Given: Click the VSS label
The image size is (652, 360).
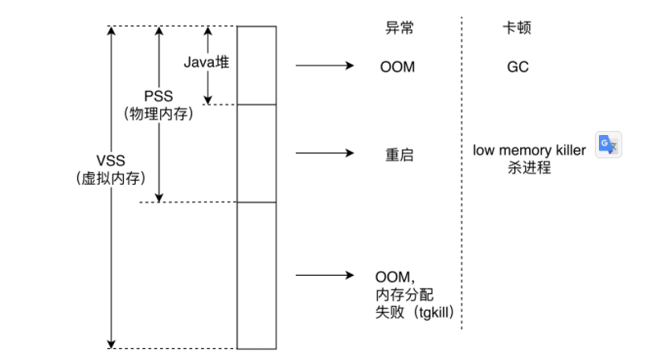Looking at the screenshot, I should coord(111,160).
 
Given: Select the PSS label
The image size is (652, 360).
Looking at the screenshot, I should coord(158,96).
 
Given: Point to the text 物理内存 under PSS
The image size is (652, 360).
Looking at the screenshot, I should coord(159,114).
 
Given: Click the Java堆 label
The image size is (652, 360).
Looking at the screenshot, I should coord(207,61).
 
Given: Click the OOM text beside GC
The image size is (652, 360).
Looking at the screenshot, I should coord(397,67).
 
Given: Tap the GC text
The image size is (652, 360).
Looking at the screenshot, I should coord(518,67).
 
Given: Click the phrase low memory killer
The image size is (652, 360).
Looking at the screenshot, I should coord(530,151).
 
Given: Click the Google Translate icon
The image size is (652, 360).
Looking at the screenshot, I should coord(608,145).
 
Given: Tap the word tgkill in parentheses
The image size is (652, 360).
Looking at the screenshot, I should coord(434,313).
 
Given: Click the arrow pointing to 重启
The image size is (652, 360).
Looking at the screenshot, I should coord(325,153).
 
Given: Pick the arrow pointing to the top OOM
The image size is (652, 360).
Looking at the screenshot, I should coord(325,66).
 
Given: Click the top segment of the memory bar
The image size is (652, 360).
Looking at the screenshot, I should coord(256,65).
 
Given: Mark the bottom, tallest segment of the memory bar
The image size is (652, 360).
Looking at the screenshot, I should coord(256,274).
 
